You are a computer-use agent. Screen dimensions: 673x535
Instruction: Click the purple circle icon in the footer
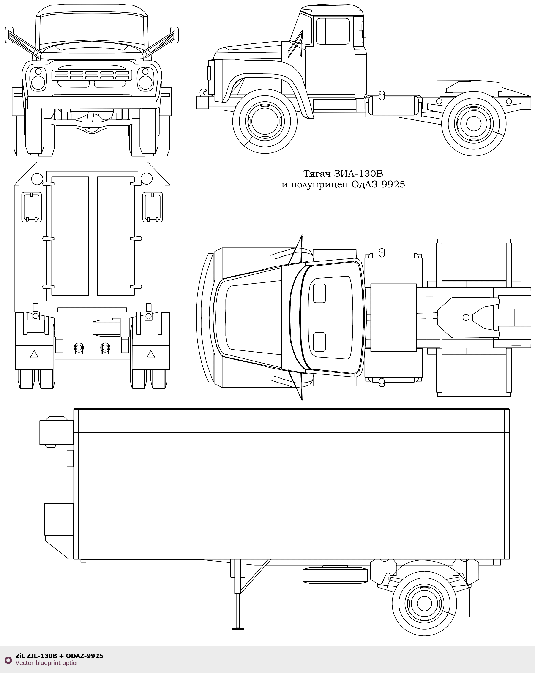click(8, 659)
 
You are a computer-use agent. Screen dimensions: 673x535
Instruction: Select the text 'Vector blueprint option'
click(47, 663)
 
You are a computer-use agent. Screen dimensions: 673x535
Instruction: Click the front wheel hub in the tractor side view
click(265, 121)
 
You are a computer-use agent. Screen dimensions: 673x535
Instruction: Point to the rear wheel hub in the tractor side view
click(473, 124)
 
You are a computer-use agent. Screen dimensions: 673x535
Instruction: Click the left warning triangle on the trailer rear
click(34, 354)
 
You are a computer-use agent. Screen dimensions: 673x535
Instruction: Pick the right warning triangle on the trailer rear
click(151, 354)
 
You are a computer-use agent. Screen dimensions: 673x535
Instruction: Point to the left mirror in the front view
click(9, 35)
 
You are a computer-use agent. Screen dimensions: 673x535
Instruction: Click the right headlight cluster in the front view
click(145, 79)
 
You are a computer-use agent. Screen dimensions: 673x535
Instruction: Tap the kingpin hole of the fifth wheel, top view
click(466, 318)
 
